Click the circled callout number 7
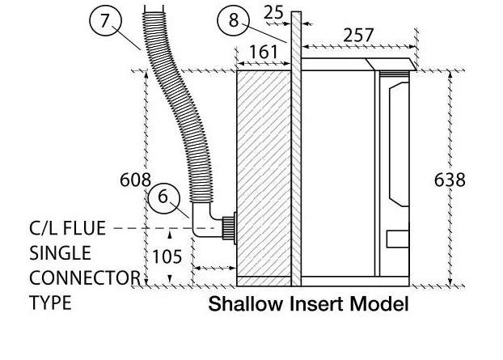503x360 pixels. (x=105, y=20)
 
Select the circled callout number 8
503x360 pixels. (x=234, y=20)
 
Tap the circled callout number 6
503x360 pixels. (x=163, y=197)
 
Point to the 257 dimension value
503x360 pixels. (x=358, y=35)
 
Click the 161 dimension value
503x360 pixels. (x=264, y=52)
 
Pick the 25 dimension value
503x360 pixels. (x=273, y=13)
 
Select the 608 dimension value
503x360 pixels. (x=135, y=180)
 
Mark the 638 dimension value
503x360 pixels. (x=450, y=180)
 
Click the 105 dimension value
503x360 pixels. (x=167, y=256)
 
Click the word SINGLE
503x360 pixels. (x=61, y=253)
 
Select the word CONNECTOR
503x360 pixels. (x=85, y=277)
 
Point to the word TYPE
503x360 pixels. (x=50, y=303)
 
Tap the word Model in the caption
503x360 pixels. (x=379, y=303)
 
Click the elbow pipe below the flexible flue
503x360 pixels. (x=207, y=220)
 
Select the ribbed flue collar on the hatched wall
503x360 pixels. (x=228, y=228)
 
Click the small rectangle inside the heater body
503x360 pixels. (x=397, y=239)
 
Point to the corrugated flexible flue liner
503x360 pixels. (x=176, y=106)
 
